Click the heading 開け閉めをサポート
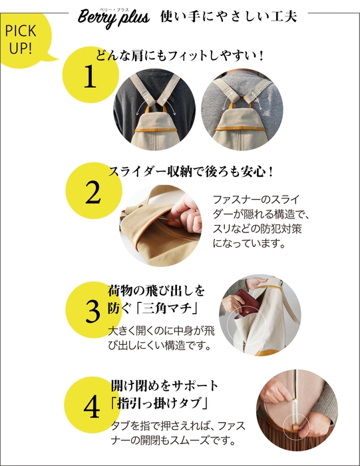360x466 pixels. (x=164, y=386)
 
